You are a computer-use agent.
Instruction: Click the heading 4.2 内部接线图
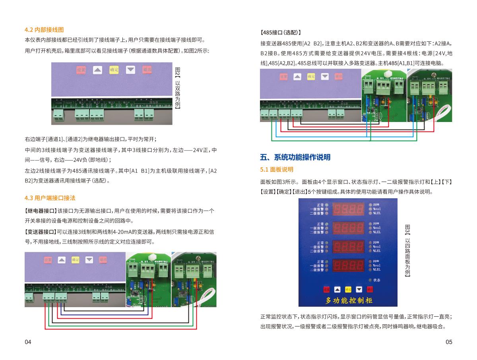(44, 30)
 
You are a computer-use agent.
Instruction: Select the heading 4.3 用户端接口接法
(50, 198)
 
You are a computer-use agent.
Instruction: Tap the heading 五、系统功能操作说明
(295, 157)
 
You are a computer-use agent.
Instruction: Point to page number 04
(28, 342)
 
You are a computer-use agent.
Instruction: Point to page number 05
(449, 342)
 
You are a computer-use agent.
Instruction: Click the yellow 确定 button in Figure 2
(114, 70)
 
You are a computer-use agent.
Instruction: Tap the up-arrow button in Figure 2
(98, 70)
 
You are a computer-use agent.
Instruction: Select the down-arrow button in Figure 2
(130, 70)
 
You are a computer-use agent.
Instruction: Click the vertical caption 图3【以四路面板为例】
(407, 250)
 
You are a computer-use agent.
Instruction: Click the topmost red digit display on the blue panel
(348, 208)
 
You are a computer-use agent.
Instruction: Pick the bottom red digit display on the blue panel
(348, 265)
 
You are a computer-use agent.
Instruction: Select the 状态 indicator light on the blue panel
(369, 280)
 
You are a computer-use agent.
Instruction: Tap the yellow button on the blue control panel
(348, 289)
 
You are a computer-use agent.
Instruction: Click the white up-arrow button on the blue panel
(337, 289)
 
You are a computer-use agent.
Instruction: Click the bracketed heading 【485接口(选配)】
(280, 32)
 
